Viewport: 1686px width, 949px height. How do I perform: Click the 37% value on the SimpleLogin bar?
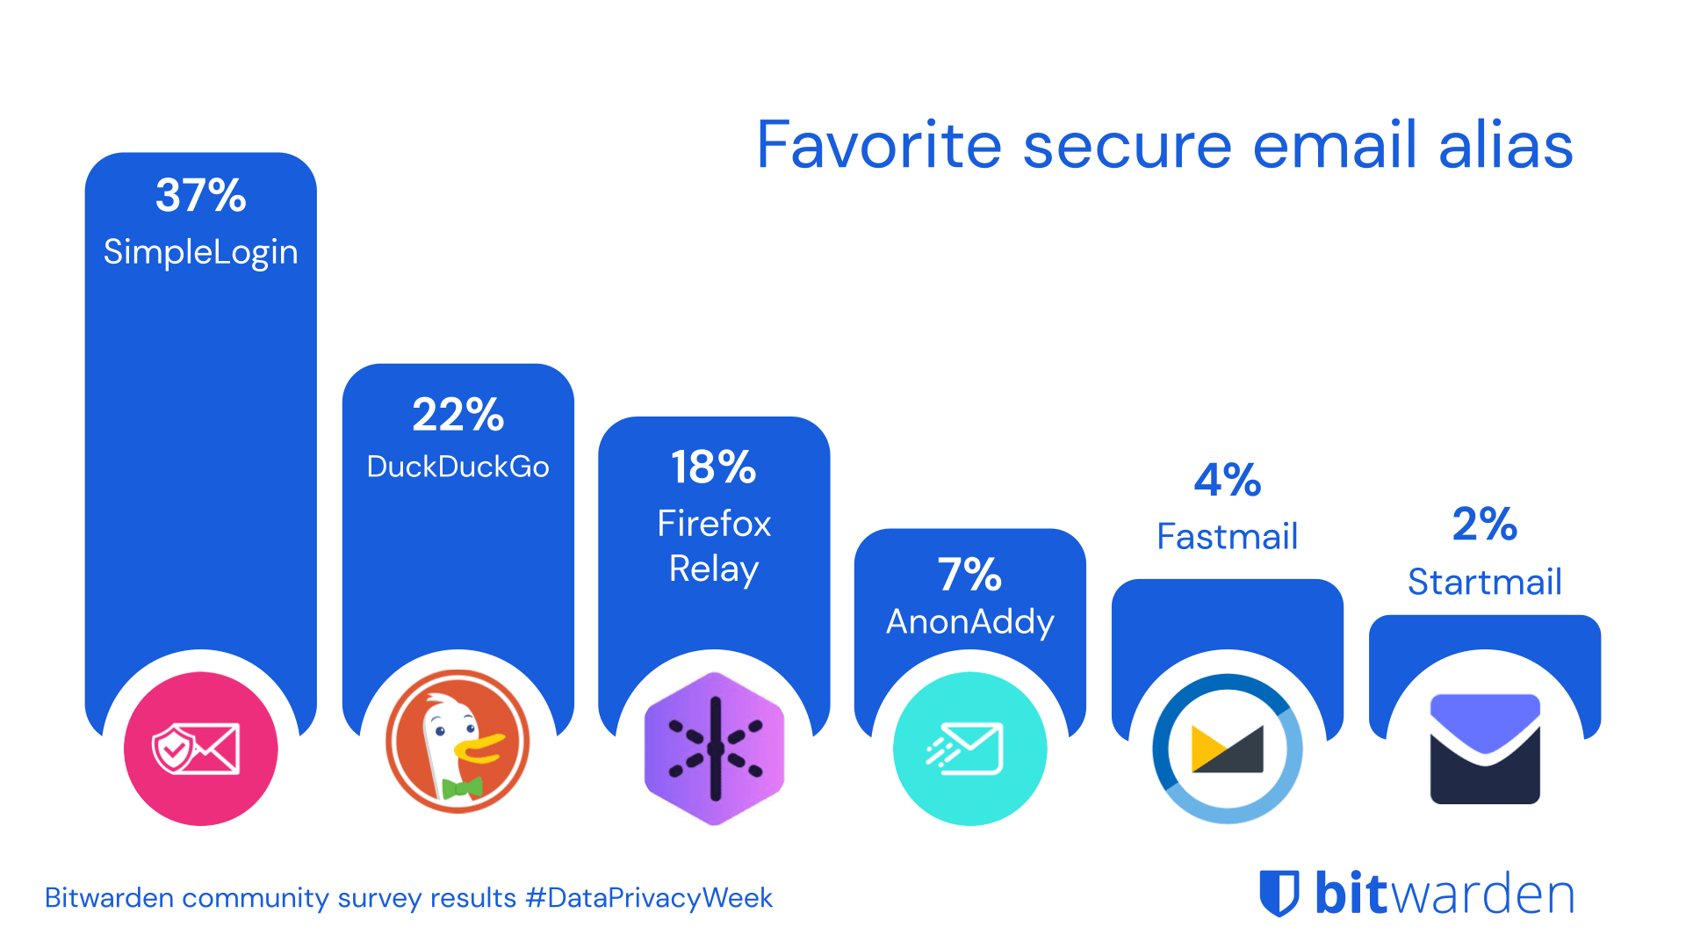(200, 195)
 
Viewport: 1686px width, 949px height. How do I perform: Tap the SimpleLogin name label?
(200, 253)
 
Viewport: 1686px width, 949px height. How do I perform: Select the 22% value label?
(458, 415)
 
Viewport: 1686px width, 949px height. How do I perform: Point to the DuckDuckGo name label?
(458, 467)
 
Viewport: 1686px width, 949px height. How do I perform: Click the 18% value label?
(713, 467)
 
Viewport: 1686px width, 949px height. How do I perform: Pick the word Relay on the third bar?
(713, 569)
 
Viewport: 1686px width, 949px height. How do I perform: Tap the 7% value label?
(969, 575)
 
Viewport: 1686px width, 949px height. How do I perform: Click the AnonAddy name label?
(969, 622)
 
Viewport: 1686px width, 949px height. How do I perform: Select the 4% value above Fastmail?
(1227, 481)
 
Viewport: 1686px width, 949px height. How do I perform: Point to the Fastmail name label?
(1227, 537)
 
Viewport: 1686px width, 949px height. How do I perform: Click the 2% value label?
(1484, 525)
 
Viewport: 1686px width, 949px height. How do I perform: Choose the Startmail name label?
(1484, 582)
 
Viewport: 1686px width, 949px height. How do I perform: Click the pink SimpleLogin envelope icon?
(200, 749)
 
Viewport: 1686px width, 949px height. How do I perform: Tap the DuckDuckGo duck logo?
(458, 743)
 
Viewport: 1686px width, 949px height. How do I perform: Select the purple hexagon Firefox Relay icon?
(714, 749)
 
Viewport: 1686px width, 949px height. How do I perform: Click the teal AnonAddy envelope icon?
(969, 749)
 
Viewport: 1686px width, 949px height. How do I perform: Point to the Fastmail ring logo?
(1227, 749)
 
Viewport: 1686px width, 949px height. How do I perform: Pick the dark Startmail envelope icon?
(1484, 749)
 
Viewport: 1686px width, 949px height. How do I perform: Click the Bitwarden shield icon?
(1279, 894)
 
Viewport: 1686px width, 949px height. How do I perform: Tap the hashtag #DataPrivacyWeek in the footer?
(649, 898)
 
